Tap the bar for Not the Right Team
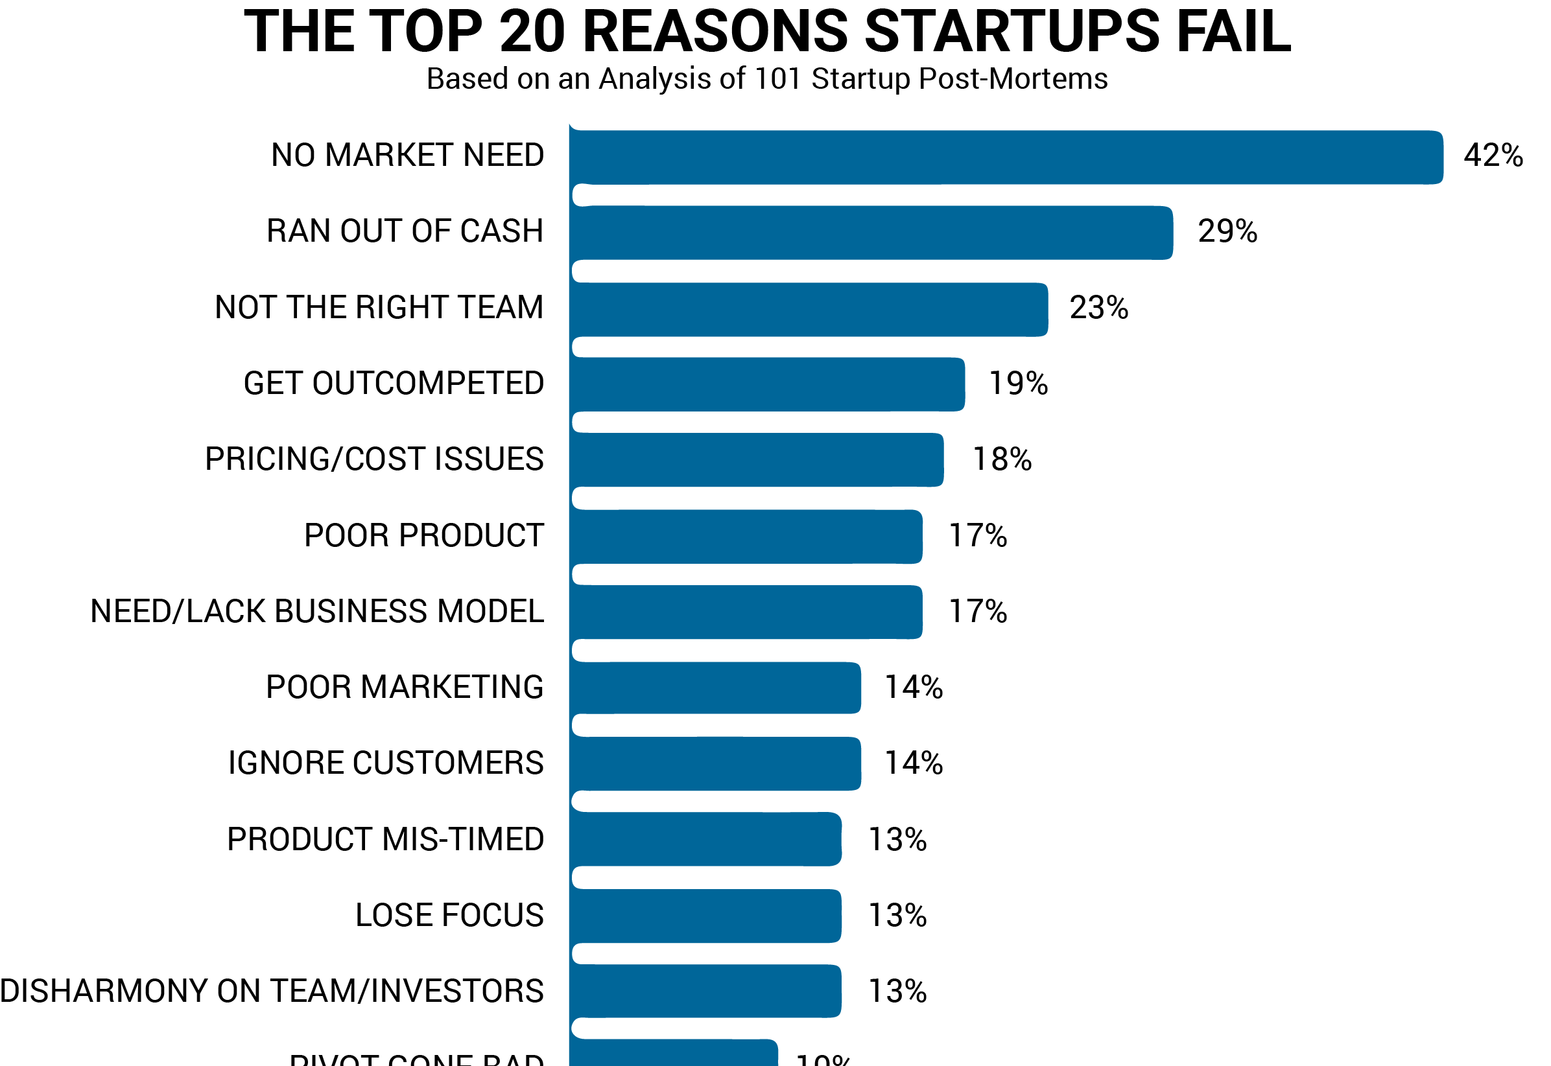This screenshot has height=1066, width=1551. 809,310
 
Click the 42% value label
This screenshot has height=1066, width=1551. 1493,156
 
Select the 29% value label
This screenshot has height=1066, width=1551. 1227,232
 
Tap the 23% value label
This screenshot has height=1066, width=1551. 1098,308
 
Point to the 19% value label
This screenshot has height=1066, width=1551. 1018,384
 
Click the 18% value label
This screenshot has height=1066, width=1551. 1002,459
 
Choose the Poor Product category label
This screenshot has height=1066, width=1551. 423,536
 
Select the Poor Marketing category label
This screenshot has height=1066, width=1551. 405,688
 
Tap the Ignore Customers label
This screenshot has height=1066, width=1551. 386,763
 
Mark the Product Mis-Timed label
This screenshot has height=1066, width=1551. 386,840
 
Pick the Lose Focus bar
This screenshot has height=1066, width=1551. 705,916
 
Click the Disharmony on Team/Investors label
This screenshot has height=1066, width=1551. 272,991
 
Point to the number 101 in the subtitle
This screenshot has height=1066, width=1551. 777,79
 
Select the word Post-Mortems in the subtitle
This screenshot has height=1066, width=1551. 1013,79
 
